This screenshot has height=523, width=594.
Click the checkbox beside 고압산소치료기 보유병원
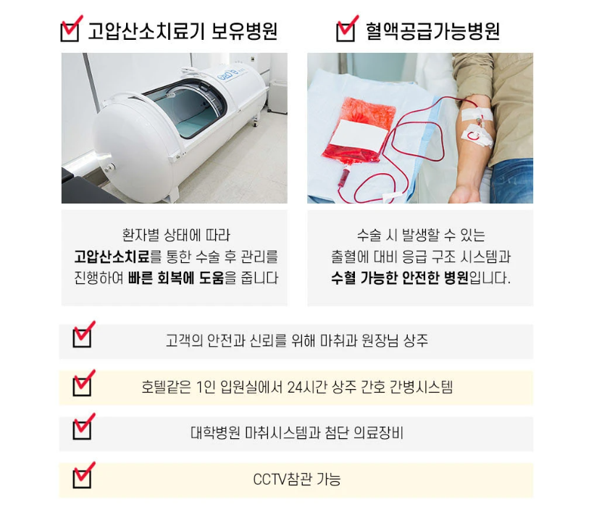coord(70,31)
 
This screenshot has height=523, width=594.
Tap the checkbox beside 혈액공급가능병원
coord(346,31)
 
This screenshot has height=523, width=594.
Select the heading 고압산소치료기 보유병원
coord(183,31)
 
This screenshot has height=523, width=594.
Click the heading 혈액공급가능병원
coord(432,31)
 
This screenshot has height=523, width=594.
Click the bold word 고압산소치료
coord(112,257)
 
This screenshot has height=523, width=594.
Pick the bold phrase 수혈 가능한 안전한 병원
coord(400,278)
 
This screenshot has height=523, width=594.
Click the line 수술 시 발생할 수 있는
coord(420,235)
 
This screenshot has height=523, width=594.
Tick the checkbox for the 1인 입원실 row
coord(83,385)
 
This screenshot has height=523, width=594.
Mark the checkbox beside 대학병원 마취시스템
coord(83,431)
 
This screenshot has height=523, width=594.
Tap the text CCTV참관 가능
coord(296,480)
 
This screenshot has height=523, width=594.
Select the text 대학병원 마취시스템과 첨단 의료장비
coord(296,433)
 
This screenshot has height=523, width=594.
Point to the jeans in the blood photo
coord(511,181)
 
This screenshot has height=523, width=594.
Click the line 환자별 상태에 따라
coord(176,235)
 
